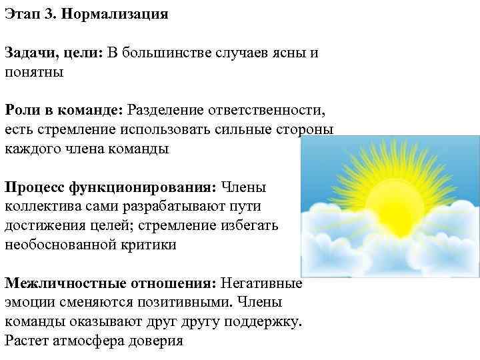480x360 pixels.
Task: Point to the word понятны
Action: [x=34, y=72]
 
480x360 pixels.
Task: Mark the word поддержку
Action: [x=264, y=322]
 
